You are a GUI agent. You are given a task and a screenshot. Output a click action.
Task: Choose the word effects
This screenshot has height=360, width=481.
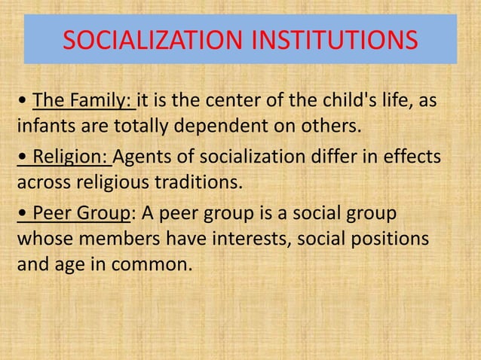tap(413, 160)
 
